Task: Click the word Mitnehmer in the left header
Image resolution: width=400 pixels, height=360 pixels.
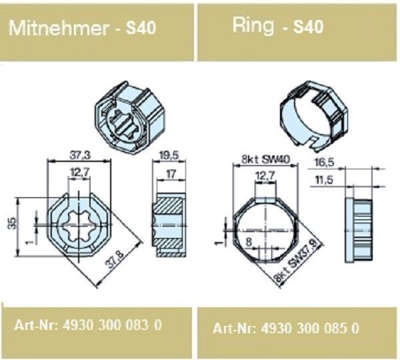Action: pyautogui.click(x=59, y=27)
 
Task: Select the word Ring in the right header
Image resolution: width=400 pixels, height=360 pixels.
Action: pyautogui.click(x=253, y=26)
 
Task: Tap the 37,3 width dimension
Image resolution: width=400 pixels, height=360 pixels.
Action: pyautogui.click(x=80, y=155)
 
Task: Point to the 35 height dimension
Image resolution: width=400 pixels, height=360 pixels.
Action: pyautogui.click(x=13, y=223)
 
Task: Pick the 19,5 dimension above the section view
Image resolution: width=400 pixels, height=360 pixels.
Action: pyautogui.click(x=169, y=155)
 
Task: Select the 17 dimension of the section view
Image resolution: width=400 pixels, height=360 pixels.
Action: pyautogui.click(x=171, y=174)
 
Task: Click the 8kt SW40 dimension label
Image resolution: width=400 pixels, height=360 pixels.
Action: pyautogui.click(x=265, y=159)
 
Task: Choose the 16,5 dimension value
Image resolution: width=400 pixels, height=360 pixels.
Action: pyautogui.click(x=324, y=162)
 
